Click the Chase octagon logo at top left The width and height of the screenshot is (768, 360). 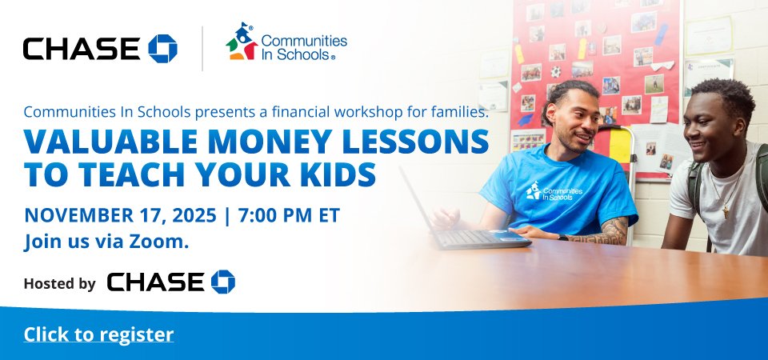coord(162,49)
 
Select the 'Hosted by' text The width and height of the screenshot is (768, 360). coord(60,283)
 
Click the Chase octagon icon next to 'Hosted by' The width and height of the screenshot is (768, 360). coord(223,282)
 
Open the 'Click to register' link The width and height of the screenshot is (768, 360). coord(98,334)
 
